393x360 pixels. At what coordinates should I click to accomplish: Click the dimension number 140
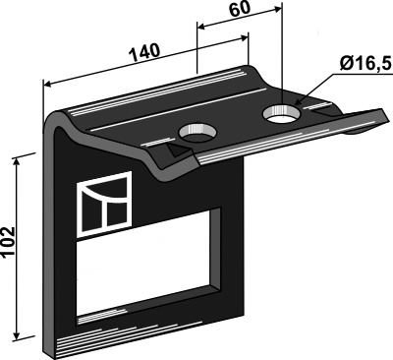tap(144, 51)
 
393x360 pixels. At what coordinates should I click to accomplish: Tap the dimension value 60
tap(240, 10)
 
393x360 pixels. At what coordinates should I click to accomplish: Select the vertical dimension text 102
tap(9, 243)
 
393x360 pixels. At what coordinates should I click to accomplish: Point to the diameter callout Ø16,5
tap(365, 64)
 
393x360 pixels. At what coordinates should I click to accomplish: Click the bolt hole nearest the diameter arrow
tap(281, 114)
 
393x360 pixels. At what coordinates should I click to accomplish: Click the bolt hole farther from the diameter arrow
tap(197, 133)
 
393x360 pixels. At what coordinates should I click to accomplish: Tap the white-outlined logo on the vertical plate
tap(104, 204)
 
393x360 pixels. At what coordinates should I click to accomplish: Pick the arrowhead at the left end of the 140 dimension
tap(47, 85)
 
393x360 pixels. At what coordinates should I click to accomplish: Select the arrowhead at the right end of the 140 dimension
tap(245, 38)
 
